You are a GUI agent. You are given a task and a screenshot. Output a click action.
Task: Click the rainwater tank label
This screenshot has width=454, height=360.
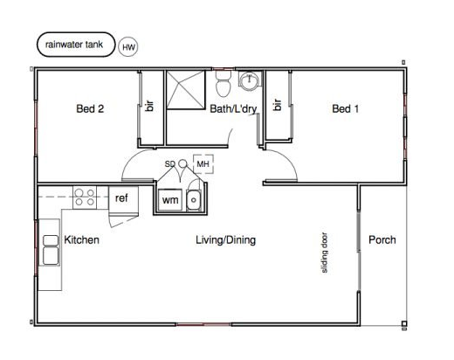[x=74, y=45]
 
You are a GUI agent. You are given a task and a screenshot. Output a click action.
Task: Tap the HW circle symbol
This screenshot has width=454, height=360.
[x=128, y=47]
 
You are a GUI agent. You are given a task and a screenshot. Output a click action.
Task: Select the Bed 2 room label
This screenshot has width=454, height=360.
[x=90, y=109]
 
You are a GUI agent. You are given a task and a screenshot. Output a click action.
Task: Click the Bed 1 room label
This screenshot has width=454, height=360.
[x=345, y=109]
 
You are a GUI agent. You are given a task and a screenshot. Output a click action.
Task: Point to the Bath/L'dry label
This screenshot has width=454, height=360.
[x=233, y=109]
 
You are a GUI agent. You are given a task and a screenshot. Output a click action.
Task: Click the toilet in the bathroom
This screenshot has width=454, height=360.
[x=224, y=84]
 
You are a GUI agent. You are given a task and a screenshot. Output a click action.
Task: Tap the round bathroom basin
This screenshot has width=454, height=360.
[x=249, y=79]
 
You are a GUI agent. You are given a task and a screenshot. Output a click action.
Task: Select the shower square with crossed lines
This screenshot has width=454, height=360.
[x=186, y=90]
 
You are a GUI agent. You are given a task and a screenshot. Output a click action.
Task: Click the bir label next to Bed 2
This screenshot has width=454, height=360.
[x=150, y=106]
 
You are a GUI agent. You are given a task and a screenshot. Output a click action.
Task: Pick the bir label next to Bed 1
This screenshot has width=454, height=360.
[x=278, y=105]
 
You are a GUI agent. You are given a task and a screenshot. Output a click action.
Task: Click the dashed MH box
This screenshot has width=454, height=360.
[x=203, y=164]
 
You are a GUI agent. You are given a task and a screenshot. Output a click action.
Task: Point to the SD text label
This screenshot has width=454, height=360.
[x=170, y=164]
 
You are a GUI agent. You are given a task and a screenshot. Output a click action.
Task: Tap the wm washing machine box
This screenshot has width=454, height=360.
[x=170, y=200]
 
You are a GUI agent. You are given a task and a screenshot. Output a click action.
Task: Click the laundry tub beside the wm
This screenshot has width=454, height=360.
[x=194, y=200]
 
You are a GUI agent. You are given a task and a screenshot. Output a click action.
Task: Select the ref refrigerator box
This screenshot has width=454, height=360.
[x=123, y=200]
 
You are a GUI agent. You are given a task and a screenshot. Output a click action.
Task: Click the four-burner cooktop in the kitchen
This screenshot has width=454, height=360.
[x=85, y=197]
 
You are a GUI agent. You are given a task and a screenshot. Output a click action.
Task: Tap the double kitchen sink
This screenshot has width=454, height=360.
[x=51, y=250]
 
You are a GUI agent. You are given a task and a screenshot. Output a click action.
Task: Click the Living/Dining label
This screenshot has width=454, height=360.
[x=226, y=240]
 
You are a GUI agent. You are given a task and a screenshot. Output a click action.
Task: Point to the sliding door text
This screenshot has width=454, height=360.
[x=324, y=253]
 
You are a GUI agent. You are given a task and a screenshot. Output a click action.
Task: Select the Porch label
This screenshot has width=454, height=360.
[x=382, y=240]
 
